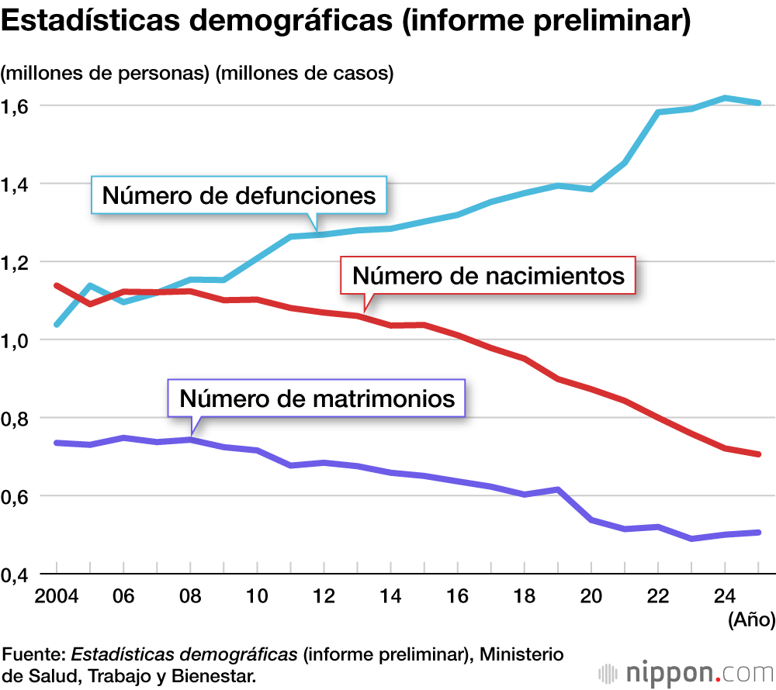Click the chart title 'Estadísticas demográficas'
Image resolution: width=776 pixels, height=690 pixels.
click(x=346, y=22)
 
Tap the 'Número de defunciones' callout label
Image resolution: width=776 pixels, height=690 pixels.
click(x=239, y=195)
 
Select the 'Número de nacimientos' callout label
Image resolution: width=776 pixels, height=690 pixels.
click(x=488, y=275)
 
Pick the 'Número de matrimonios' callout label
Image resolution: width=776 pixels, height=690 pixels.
click(x=317, y=398)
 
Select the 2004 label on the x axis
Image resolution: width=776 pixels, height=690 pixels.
click(x=57, y=598)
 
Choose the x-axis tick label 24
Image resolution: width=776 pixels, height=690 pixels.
click(x=724, y=598)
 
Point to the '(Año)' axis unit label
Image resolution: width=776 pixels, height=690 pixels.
click(x=749, y=620)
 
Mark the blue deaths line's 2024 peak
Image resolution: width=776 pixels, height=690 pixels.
click(x=724, y=98)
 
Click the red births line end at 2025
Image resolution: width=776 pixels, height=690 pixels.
click(x=757, y=454)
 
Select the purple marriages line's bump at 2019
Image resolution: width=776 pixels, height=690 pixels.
click(x=557, y=489)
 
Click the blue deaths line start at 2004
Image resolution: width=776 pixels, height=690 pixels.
click(x=57, y=324)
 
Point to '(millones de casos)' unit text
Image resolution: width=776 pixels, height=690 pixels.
click(x=305, y=74)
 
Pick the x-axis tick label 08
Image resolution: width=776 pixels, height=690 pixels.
click(x=190, y=598)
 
